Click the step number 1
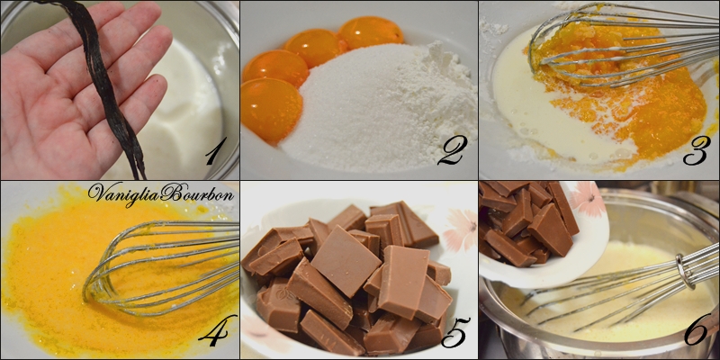coord(216,151)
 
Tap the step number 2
coord(453,149)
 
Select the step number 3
coord(696,150)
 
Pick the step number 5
coord(455,332)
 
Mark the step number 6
coord(697,330)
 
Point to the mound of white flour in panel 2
coord(436,87)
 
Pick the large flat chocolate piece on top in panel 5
coord(346,260)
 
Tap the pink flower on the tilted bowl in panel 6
coord(587,198)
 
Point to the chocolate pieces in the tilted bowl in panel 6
coord(528,220)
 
